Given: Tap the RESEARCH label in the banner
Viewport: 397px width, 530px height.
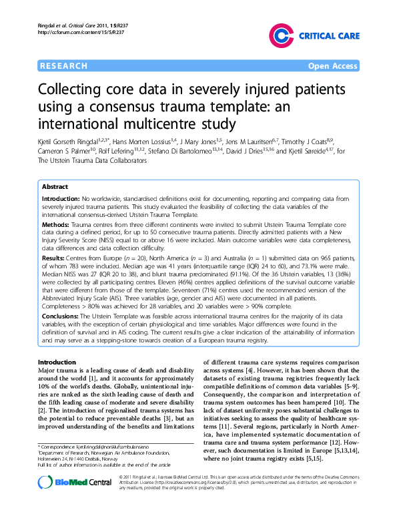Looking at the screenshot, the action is click(63, 66).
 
